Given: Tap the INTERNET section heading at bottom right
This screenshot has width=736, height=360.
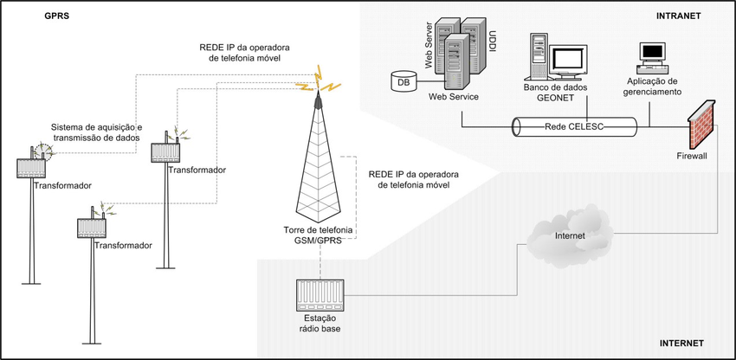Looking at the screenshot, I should coord(682,344).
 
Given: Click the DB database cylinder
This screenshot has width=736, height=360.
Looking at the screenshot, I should coord(402,81).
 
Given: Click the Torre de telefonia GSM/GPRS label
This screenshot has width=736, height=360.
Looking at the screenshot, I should coord(318,234).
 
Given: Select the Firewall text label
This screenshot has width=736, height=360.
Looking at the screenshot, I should coord(692,156).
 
